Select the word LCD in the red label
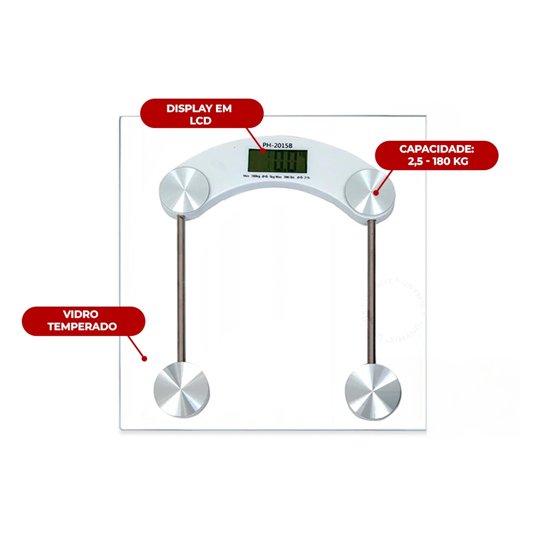coord(200,121)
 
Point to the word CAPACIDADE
coord(436,149)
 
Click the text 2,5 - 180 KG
coord(437,161)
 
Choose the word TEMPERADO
coord(83,327)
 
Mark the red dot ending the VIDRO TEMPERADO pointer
coord(144,359)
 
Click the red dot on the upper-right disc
coord(375,193)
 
